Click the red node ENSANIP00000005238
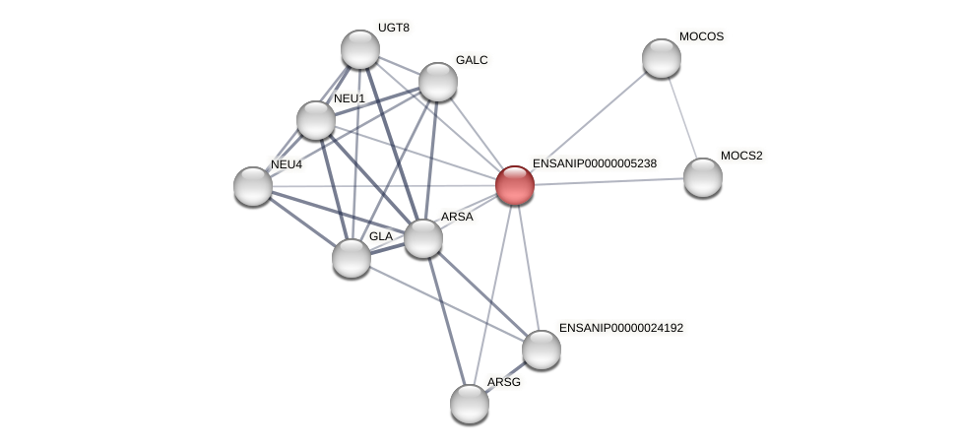tap(515, 184)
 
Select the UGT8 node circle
tap(360, 49)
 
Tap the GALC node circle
tap(438, 82)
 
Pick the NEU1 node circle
tap(316, 120)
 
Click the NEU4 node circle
tap(253, 185)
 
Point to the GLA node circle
tap(352, 258)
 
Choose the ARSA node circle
tap(423, 238)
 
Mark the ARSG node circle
tap(470, 403)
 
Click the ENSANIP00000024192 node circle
tap(542, 349)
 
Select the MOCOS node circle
tap(662, 58)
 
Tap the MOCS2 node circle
tap(703, 177)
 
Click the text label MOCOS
tap(701, 37)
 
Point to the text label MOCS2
tap(741, 156)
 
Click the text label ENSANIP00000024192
tap(620, 328)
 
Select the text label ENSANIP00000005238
tap(594, 163)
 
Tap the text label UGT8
tap(393, 28)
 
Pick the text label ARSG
tap(503, 382)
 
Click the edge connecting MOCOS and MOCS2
tap(682, 118)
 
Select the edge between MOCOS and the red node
tap(589, 121)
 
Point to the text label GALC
tap(472, 60)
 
